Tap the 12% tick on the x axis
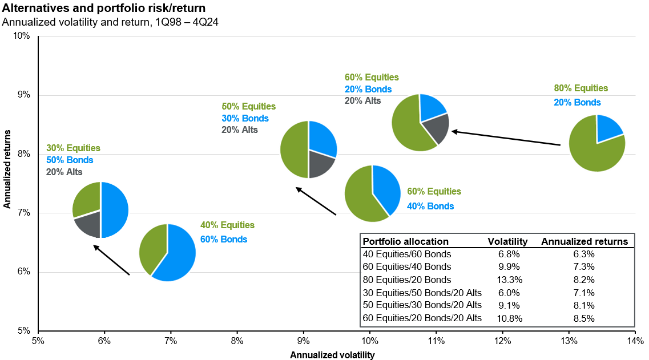pyautogui.click(x=502, y=341)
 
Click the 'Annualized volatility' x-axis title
pyautogui.click(x=333, y=355)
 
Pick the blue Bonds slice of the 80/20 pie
pyautogui.click(x=608, y=128)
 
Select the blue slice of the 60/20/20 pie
pyautogui.click(x=432, y=107)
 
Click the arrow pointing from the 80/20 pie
pyautogui.click(x=506, y=139)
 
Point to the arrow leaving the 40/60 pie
pyautogui.click(x=111, y=260)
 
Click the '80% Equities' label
pyautogui.click(x=581, y=88)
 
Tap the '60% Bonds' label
pyautogui.click(x=223, y=240)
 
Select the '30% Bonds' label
pyautogui.click(x=245, y=118)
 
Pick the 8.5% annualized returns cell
pyautogui.click(x=583, y=318)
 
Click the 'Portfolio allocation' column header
pyautogui.click(x=406, y=241)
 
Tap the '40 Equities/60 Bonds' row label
pyautogui.click(x=407, y=254)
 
